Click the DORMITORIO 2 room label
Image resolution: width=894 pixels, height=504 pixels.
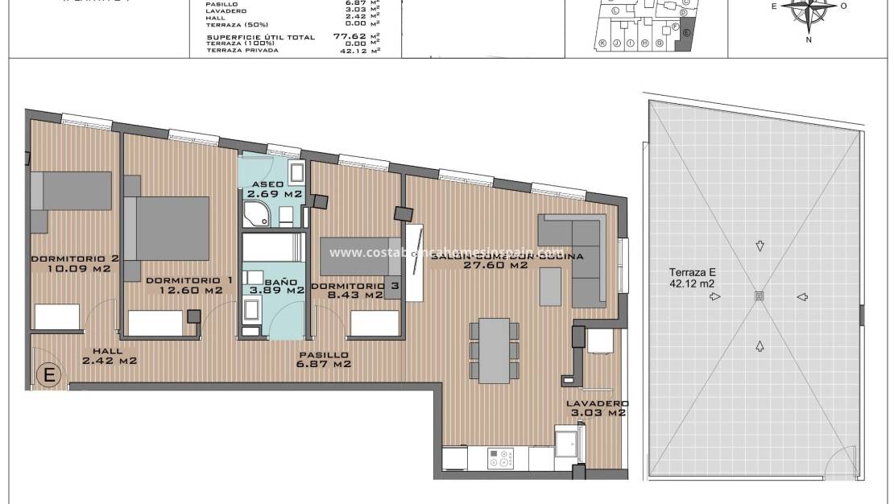pyautogui.click(x=75, y=258)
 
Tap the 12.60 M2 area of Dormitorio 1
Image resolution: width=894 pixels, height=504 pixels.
pyautogui.click(x=191, y=291)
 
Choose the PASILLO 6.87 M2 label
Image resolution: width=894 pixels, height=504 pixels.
pyautogui.click(x=324, y=359)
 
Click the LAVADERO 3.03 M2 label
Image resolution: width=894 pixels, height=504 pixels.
pyautogui.click(x=597, y=408)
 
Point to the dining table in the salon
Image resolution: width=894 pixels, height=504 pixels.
pyautogui.click(x=494, y=349)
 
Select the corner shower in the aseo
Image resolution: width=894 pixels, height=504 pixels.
pyautogui.click(x=257, y=213)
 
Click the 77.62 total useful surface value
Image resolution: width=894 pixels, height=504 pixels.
pyautogui.click(x=351, y=36)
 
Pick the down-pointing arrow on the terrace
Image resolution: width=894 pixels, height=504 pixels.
pyautogui.click(x=759, y=246)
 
